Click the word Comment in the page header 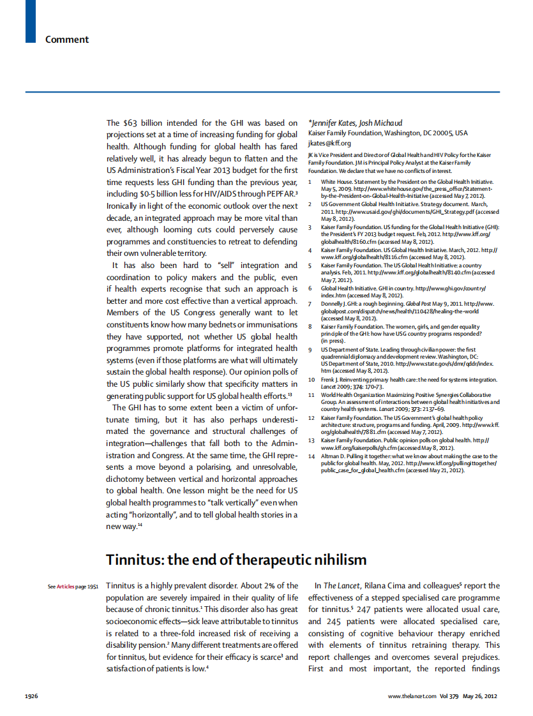(66, 40)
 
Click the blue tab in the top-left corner (31, 21)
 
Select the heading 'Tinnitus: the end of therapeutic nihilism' (236, 560)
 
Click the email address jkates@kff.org (329, 143)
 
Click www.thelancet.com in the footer (412, 696)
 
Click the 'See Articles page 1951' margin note (72, 586)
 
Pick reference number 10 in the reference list (312, 380)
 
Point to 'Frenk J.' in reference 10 (332, 380)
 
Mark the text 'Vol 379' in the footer (449, 696)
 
